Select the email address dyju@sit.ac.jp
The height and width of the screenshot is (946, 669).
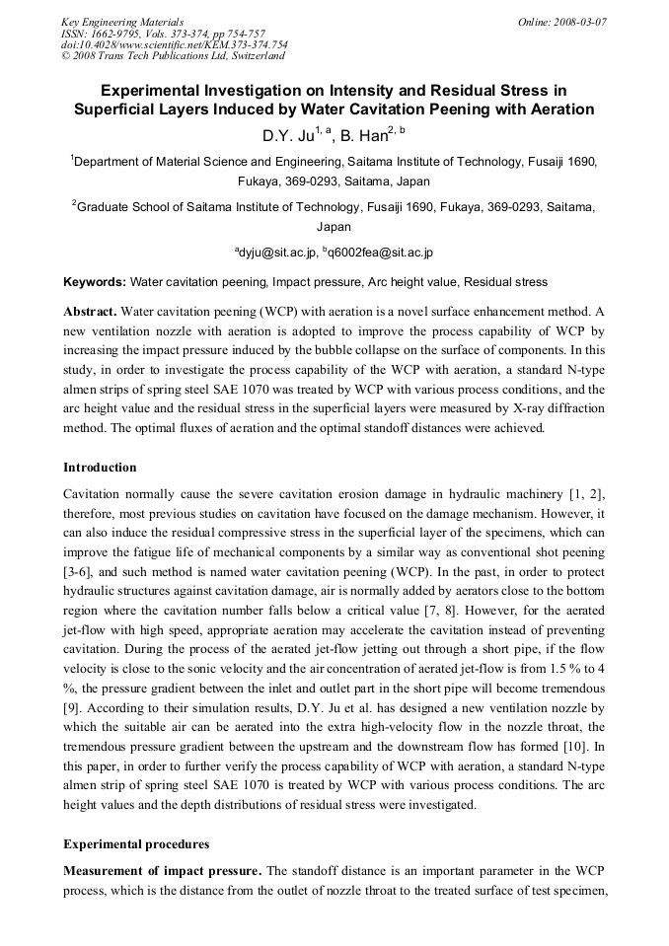click(278, 253)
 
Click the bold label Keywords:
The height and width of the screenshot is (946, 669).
click(94, 282)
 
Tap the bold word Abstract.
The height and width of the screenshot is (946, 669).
click(90, 310)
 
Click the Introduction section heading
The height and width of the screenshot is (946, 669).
click(100, 467)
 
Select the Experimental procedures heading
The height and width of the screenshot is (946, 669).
click(124, 845)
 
